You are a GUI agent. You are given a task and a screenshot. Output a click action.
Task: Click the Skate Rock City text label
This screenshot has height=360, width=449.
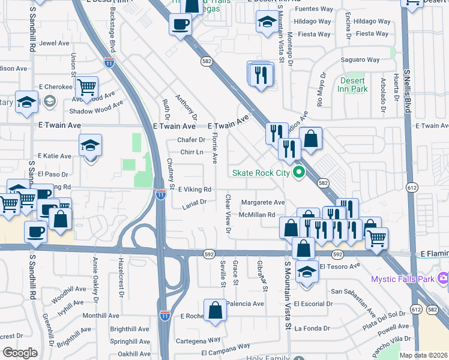click(261, 173)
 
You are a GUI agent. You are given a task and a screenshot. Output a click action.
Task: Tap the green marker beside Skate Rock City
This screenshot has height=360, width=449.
click(298, 173)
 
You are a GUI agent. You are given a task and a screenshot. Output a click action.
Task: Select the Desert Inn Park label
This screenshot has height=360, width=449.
click(354, 85)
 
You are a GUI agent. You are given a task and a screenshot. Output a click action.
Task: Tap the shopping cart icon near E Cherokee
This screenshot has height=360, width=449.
click(87, 87)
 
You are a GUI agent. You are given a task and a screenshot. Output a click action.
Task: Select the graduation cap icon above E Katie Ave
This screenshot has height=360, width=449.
click(90, 145)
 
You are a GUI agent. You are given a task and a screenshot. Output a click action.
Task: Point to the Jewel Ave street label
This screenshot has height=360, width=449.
click(55, 44)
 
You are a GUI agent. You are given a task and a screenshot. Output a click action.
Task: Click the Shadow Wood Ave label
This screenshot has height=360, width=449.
click(96, 103)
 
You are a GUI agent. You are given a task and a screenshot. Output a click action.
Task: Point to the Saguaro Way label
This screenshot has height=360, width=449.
click(360, 60)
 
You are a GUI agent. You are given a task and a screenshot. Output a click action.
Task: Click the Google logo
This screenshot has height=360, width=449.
click(20, 353)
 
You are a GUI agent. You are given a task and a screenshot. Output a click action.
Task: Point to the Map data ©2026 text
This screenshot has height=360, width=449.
click(423, 355)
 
